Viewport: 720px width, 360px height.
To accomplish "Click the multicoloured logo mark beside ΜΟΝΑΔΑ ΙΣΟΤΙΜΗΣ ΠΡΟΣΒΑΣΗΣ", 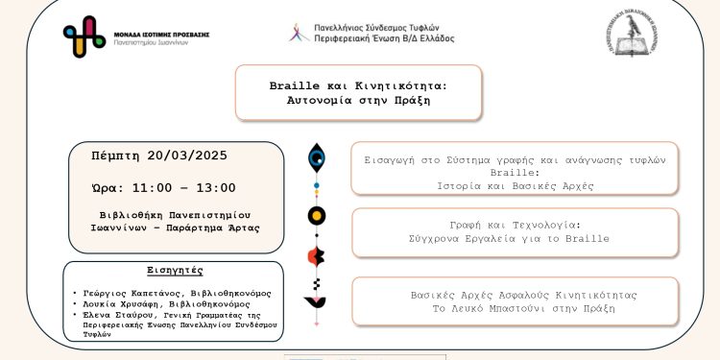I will tap(84, 36).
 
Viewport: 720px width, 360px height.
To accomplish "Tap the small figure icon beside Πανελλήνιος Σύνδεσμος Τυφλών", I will tap(298, 32).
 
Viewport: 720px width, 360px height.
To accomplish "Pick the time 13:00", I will tap(213, 187).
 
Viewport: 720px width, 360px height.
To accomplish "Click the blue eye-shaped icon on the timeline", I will tap(316, 158).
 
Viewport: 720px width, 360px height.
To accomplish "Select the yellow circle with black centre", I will tap(316, 215).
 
